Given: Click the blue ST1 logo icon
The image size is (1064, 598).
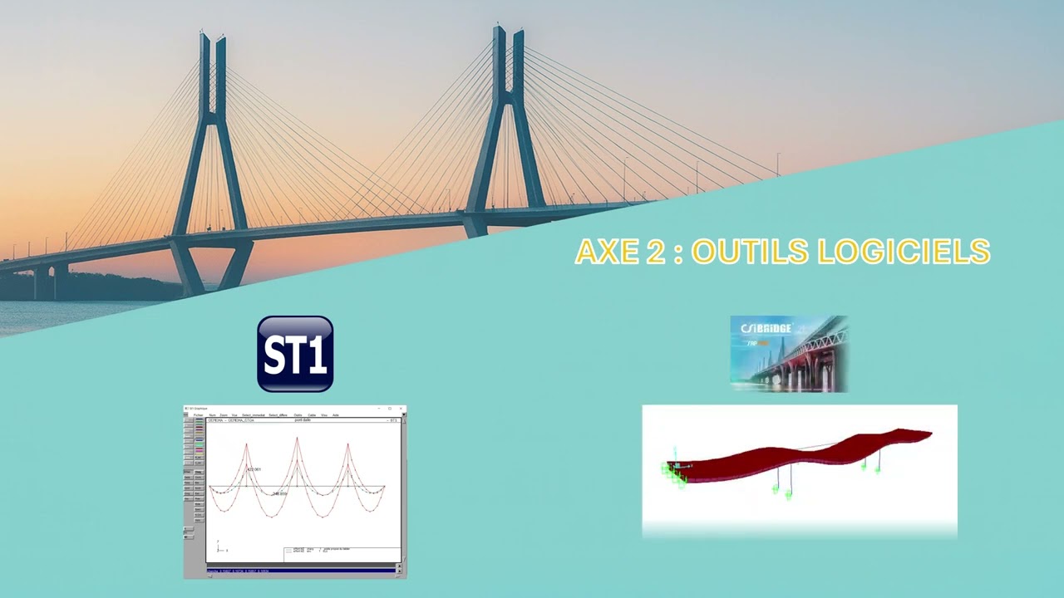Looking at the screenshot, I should (x=295, y=354).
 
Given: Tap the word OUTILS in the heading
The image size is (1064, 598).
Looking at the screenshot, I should (x=749, y=252).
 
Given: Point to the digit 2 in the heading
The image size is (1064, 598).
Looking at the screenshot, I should (x=655, y=252).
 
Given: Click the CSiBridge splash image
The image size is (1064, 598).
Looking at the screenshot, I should (x=788, y=353).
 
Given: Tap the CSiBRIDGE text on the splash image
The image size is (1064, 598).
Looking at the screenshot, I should (x=766, y=328).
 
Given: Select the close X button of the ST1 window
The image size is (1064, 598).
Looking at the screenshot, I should (x=401, y=409).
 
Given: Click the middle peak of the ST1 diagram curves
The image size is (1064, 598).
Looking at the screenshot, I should (x=297, y=440).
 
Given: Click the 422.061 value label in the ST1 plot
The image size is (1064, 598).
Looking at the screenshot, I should (x=254, y=469).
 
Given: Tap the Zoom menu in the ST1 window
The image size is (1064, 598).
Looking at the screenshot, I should (x=224, y=414).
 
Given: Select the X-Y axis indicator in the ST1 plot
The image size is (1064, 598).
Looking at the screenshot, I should (x=220, y=548).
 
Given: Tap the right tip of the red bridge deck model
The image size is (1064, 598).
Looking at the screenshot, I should (x=929, y=434).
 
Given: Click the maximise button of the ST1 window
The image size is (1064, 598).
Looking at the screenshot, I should (x=390, y=409).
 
